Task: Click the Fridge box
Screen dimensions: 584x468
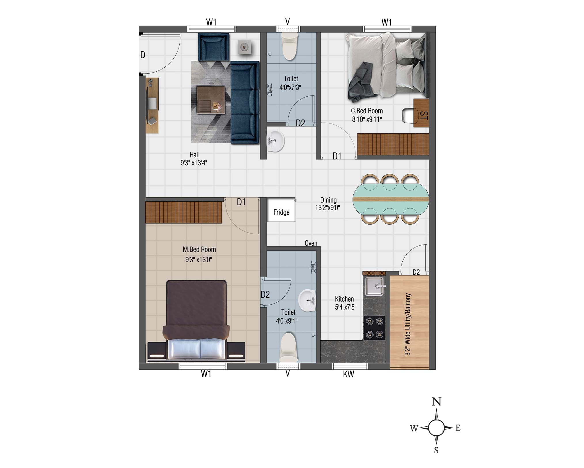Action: (x=281, y=210)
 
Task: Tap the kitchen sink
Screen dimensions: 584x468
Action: (x=374, y=286)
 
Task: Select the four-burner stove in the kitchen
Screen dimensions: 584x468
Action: (x=374, y=328)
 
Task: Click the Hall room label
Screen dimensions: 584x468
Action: (x=195, y=155)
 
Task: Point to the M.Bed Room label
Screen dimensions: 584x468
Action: (x=199, y=249)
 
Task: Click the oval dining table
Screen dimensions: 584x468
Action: (x=391, y=199)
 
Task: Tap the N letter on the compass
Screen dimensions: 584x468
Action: (x=436, y=402)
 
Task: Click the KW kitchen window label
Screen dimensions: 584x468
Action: (x=348, y=374)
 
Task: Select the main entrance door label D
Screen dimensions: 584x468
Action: (x=143, y=55)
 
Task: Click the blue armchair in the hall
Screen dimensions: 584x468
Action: (x=214, y=47)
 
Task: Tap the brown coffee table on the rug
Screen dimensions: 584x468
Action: (x=211, y=100)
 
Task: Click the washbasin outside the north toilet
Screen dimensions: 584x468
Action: (x=275, y=141)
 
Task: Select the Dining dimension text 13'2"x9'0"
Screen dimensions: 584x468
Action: (x=327, y=208)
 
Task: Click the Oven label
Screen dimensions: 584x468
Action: (x=311, y=243)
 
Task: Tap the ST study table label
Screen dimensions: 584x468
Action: (x=424, y=115)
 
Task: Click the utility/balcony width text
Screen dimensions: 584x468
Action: (x=408, y=324)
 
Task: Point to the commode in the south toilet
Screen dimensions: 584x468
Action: (x=288, y=347)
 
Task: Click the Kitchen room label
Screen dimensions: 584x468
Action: (x=344, y=299)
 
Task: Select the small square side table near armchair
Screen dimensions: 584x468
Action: (x=244, y=47)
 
